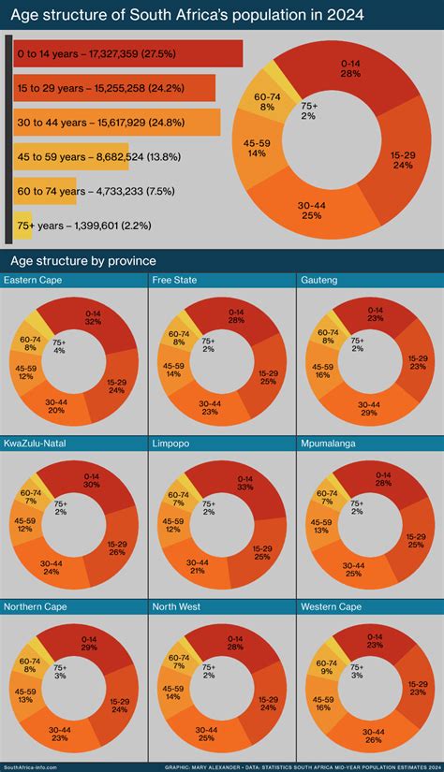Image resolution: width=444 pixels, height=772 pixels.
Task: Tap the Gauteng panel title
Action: (320, 280)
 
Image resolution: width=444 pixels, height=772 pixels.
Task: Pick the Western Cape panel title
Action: (332, 606)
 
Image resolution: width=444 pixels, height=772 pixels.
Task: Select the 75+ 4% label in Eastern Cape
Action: (59, 347)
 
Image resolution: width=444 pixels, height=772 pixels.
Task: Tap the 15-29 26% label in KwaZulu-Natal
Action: (116, 548)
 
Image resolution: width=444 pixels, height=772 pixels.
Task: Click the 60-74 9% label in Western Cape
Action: (324, 666)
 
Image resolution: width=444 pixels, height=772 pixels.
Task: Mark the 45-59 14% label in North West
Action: (173, 692)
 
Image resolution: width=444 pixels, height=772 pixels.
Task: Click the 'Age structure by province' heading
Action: (82, 260)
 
